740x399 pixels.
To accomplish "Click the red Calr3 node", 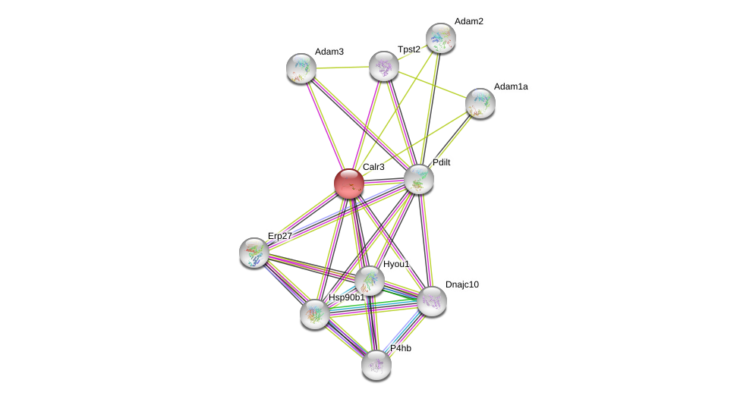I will click(x=349, y=184).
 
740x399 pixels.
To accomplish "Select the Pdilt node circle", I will click(x=418, y=179).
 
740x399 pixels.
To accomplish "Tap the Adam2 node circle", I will click(x=440, y=38).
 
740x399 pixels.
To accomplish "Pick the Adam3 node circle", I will click(x=301, y=68).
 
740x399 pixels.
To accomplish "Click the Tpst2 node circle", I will click(x=384, y=66).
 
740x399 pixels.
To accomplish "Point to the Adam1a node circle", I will click(x=480, y=103).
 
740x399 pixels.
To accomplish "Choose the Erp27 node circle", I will click(x=254, y=253).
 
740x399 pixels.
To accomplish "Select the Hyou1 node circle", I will click(x=370, y=281).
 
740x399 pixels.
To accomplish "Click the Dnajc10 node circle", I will click(x=431, y=301).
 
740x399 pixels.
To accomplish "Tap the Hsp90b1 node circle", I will click(x=315, y=313).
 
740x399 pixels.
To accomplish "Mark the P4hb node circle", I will click(x=376, y=365).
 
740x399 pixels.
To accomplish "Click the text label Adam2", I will click(x=468, y=21).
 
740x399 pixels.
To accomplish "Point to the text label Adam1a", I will click(x=511, y=86).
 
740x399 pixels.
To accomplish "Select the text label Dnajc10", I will click(x=462, y=284).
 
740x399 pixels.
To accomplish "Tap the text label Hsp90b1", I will click(x=346, y=297).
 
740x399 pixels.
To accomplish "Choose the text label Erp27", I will click(x=279, y=236).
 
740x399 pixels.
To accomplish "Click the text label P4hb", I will click(x=401, y=348).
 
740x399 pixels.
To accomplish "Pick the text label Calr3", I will click(x=373, y=167).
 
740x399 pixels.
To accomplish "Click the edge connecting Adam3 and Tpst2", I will click(x=342, y=68).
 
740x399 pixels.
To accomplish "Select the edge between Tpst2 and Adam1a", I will click(x=432, y=84).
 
